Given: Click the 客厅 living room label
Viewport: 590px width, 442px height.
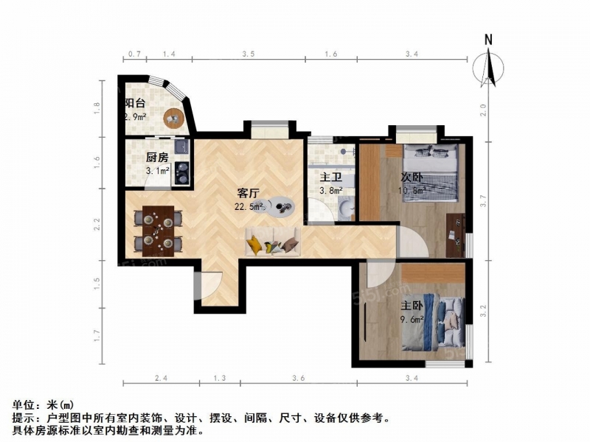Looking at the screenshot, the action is point(249,193).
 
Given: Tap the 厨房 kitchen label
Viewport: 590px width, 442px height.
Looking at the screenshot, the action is point(157,158).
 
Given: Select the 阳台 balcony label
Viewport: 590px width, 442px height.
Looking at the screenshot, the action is point(135,103).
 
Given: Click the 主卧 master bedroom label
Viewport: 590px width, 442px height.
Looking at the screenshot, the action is point(412,306).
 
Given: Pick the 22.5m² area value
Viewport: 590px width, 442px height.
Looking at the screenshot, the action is point(249,206).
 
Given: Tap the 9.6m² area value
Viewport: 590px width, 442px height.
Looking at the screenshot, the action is point(412,320).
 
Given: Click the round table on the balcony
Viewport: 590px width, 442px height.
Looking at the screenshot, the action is point(174,119).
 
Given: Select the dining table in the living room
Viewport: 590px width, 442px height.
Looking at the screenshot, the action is point(159,231).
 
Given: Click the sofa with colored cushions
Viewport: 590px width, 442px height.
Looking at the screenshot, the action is point(273,242).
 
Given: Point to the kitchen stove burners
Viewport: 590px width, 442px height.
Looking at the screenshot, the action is point(182,173).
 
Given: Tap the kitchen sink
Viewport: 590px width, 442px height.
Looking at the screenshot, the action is point(181,147).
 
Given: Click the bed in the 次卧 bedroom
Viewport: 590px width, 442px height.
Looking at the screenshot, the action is point(431,173).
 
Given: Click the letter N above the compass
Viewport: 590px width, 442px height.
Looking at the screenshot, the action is point(488,40).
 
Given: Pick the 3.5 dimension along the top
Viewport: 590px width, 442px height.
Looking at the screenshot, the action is point(249,54).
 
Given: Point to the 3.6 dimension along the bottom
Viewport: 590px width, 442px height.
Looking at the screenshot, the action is point(299,378).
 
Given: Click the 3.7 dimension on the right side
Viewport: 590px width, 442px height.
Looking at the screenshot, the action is point(484,200).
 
